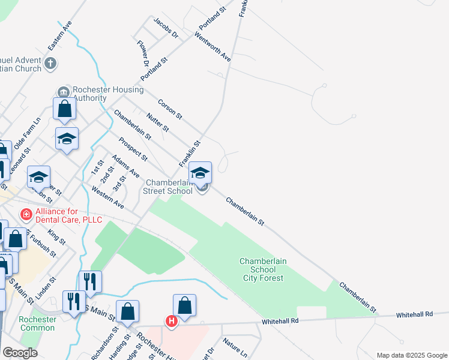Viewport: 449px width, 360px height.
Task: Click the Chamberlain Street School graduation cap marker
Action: tap(200, 173)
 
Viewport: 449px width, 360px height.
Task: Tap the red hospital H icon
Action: tap(172, 322)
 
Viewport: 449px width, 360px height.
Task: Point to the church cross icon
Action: tap(51, 62)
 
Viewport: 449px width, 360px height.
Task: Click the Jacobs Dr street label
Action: tap(166, 28)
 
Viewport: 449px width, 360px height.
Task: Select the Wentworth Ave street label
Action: tap(212, 47)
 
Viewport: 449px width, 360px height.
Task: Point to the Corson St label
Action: tap(170, 109)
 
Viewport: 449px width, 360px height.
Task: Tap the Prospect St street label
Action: tap(133, 149)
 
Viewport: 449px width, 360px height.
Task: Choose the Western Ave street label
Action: tap(107, 197)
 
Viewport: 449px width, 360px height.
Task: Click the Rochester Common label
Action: tap(37, 323)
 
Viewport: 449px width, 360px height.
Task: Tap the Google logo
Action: tap(20, 353)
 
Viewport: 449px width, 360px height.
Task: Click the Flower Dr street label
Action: tap(142, 53)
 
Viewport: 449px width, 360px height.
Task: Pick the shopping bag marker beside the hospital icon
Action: tap(185, 305)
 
